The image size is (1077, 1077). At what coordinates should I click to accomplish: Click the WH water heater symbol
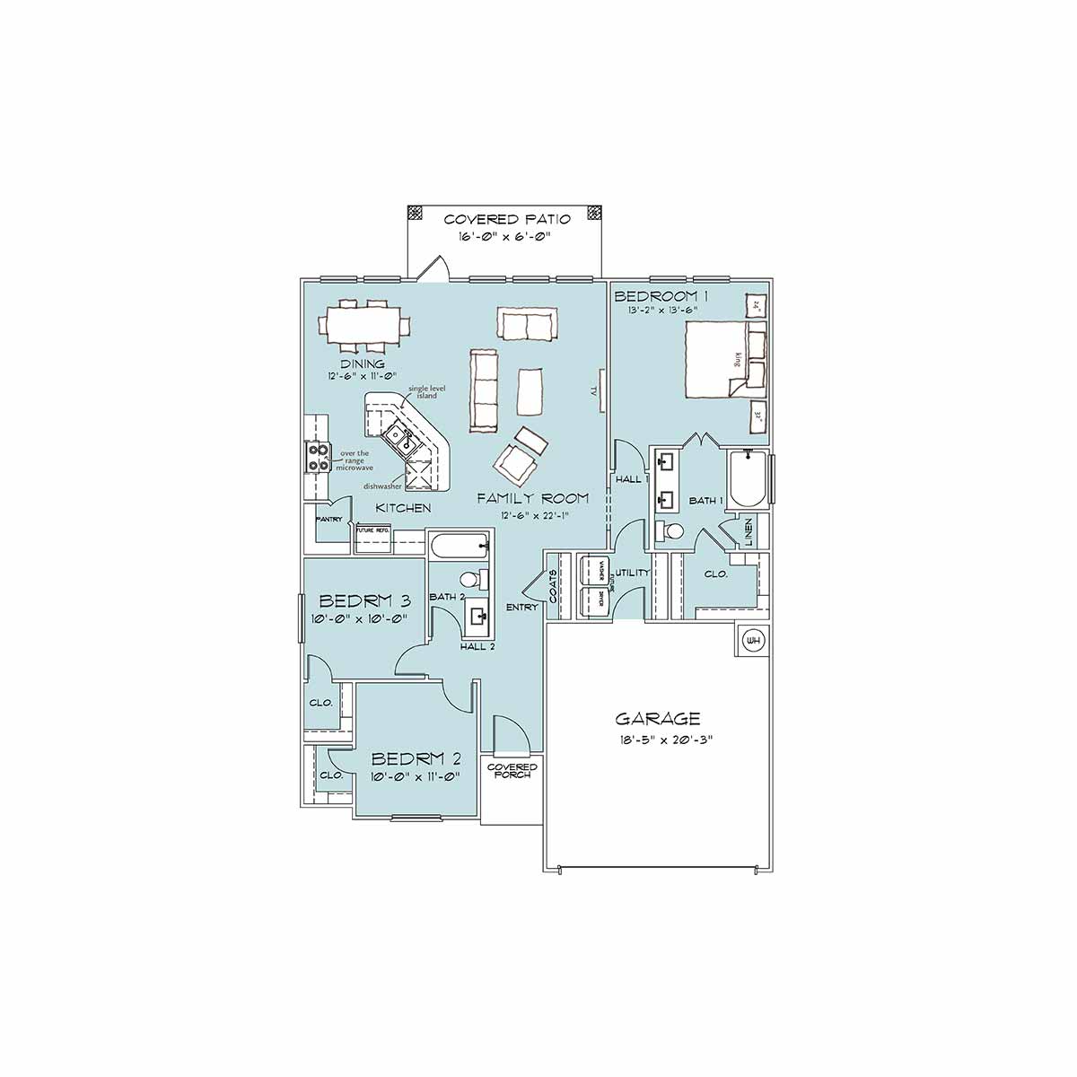pyautogui.click(x=753, y=641)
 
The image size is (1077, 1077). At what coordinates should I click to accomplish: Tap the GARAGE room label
pyautogui.click(x=658, y=718)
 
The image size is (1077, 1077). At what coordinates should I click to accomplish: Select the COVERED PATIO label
pyautogui.click(x=507, y=220)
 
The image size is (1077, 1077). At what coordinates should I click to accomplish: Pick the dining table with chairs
pyautogui.click(x=363, y=324)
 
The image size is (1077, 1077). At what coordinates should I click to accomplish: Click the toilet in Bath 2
pyautogui.click(x=473, y=579)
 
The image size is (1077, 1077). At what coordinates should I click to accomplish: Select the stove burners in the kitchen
pyautogui.click(x=318, y=458)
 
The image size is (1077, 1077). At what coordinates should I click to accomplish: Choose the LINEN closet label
pyautogui.click(x=749, y=532)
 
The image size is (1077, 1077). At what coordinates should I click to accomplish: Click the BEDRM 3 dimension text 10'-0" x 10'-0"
pyautogui.click(x=360, y=618)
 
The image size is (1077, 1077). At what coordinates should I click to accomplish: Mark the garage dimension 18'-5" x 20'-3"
pyautogui.click(x=658, y=740)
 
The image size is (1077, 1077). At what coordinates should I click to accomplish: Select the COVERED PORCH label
pyautogui.click(x=512, y=771)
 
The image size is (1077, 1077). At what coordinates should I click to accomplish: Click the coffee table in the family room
pyautogui.click(x=530, y=391)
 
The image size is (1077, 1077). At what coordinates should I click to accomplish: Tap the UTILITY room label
pyautogui.click(x=631, y=573)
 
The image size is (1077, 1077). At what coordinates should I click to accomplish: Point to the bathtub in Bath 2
pyautogui.click(x=459, y=545)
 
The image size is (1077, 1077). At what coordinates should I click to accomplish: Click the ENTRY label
pyautogui.click(x=521, y=608)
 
